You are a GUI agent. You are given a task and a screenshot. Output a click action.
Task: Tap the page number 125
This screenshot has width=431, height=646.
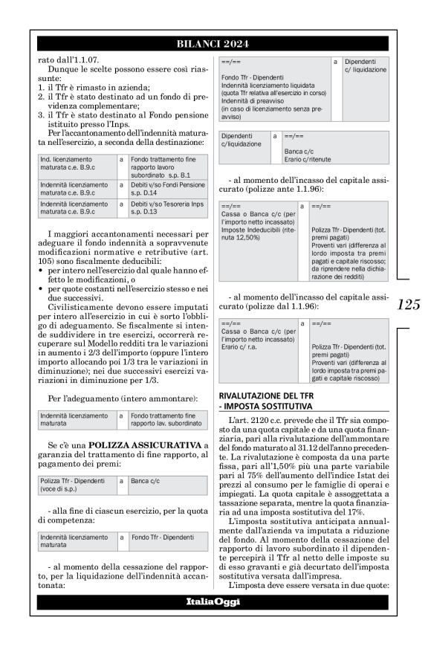[408, 304]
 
